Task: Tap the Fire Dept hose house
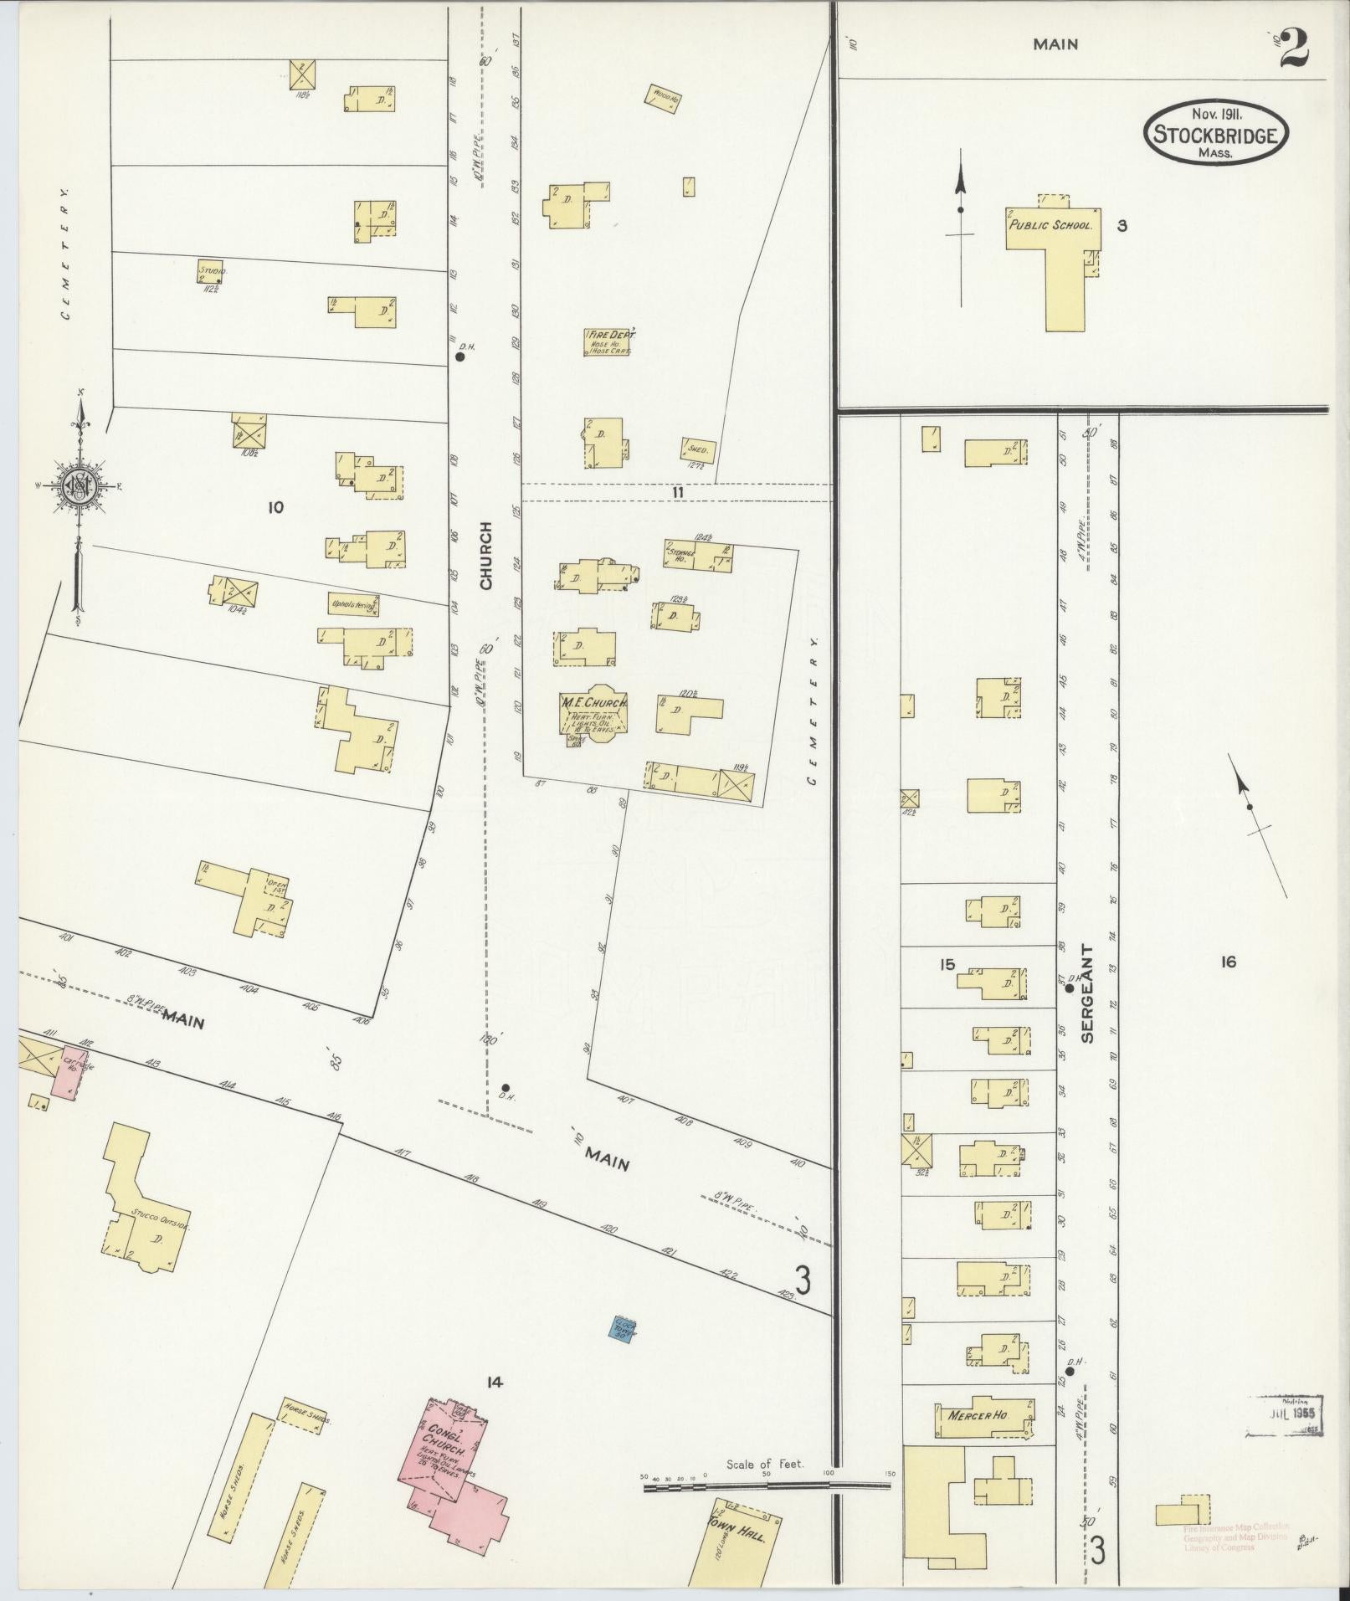click(x=607, y=341)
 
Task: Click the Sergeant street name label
click(x=1086, y=993)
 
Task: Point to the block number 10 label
click(x=275, y=506)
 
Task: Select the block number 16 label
click(x=1227, y=962)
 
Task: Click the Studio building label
click(x=213, y=273)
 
